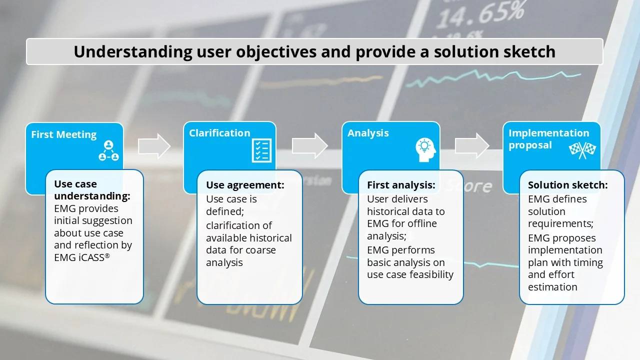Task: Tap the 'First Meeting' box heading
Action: [63, 134]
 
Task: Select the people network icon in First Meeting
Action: [108, 151]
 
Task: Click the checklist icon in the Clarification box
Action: [261, 150]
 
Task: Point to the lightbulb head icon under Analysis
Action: [425, 149]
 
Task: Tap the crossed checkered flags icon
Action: [582, 150]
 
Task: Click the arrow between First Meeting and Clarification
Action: [154, 146]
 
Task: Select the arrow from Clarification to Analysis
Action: [309, 145]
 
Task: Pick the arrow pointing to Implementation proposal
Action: [471, 145]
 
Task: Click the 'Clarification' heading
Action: [219, 133]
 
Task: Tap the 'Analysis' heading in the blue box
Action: [368, 133]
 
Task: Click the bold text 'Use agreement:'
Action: [245, 185]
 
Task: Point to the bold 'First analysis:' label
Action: [401, 185]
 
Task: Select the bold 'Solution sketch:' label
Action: [567, 185]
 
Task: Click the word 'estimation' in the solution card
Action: [552, 287]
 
